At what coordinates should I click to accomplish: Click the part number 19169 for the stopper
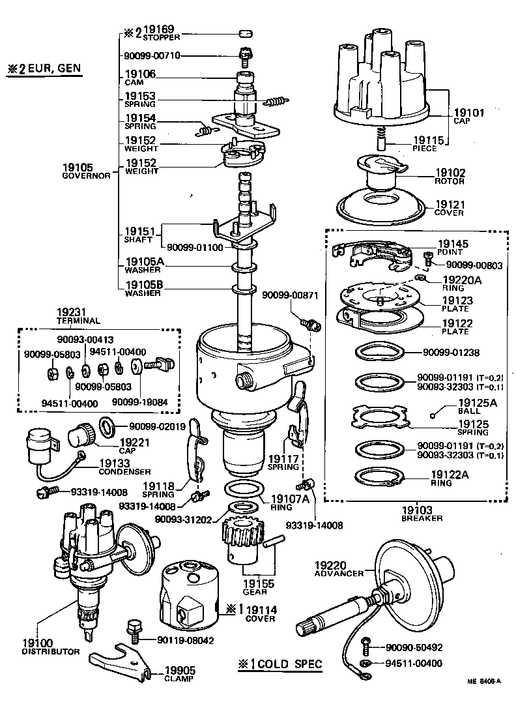coord(160,30)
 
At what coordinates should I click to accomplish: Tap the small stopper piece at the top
coord(245,33)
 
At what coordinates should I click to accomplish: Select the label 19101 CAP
coord(468,117)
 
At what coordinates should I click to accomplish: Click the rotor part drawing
coord(381,173)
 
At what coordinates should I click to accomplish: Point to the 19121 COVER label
coord(450,207)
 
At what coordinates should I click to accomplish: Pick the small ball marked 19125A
coord(433,415)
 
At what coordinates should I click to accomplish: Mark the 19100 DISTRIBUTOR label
coord(51,646)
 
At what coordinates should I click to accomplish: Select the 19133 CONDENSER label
coord(124,467)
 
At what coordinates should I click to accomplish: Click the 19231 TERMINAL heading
coord(79,316)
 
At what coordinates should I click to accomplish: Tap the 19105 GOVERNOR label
coord(87,171)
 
